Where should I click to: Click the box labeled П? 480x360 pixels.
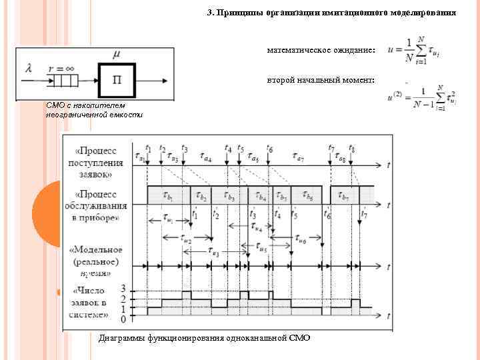(x=117, y=81)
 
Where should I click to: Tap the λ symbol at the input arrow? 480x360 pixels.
(x=29, y=68)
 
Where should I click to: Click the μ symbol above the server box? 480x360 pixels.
(x=117, y=54)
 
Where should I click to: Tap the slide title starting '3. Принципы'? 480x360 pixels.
(x=331, y=13)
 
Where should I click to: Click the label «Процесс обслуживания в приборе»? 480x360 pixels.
(x=98, y=205)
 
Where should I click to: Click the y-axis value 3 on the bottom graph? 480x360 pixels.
(x=123, y=289)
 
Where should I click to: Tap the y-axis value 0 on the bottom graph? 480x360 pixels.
(x=123, y=319)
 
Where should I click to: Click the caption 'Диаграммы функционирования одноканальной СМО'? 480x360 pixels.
(x=204, y=338)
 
